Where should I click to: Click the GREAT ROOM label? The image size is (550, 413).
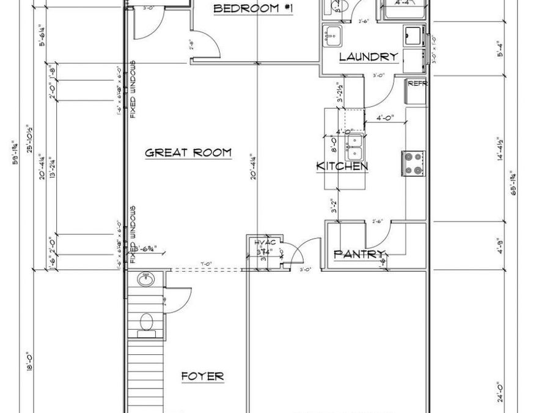[x=188, y=153]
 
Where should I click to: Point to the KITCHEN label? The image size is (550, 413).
[x=342, y=166]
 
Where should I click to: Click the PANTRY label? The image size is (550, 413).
[x=359, y=254]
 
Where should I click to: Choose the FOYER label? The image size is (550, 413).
[x=202, y=376]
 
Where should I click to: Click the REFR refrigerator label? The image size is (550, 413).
[x=417, y=84]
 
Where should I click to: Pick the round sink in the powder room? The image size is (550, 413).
[x=146, y=281]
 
